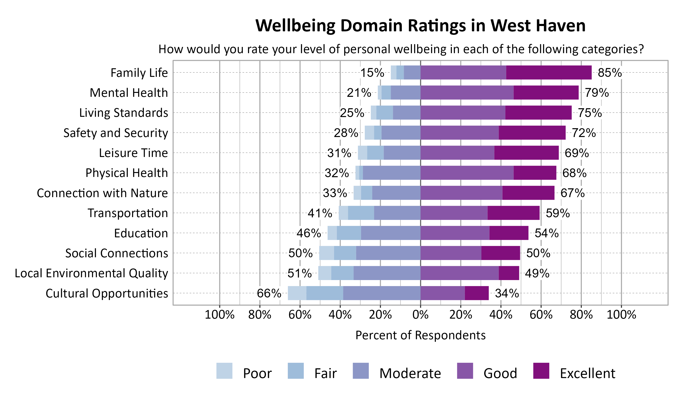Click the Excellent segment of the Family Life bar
[x=549, y=72]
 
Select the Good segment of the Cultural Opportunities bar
[x=442, y=293]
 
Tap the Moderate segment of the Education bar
[x=391, y=233]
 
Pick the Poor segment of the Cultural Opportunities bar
[x=297, y=293]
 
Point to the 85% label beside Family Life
[x=610, y=73]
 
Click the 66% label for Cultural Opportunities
[x=269, y=294]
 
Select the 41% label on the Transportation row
[x=320, y=213]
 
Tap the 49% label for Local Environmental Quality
[x=537, y=274]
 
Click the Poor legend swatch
[x=224, y=371]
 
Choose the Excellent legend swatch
[x=541, y=371]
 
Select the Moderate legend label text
[x=410, y=373]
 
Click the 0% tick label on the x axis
[x=420, y=315]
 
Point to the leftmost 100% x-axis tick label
[x=220, y=315]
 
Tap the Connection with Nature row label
[x=102, y=193]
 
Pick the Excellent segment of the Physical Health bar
[x=535, y=173]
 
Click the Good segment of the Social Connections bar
[x=451, y=253]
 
